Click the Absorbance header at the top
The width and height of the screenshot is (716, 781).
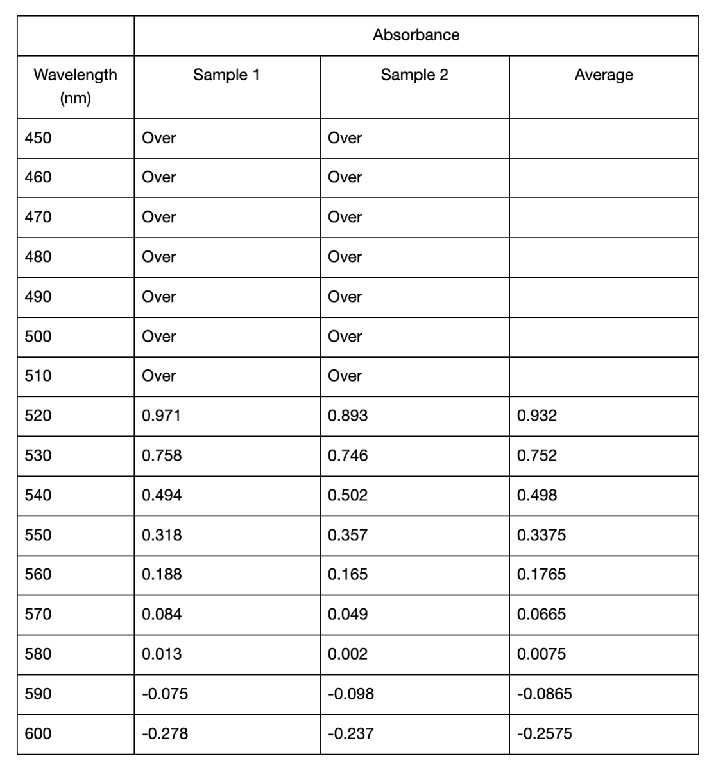tap(416, 35)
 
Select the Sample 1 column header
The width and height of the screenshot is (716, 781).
tap(226, 75)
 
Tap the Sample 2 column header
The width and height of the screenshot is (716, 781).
tap(414, 75)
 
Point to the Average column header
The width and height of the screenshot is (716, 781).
tap(603, 75)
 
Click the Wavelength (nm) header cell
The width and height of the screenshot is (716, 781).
tap(75, 86)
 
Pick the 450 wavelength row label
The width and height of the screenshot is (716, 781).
tap(38, 138)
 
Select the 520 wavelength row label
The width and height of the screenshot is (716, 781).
tap(38, 416)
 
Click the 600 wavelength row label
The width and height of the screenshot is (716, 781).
tap(38, 733)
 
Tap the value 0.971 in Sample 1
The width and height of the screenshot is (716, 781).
tap(161, 416)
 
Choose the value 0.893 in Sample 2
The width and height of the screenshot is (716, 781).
tap(347, 416)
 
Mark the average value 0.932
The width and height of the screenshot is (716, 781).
tap(536, 416)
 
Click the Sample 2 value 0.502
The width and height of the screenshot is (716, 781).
tap(347, 495)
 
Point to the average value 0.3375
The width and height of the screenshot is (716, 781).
tap(541, 535)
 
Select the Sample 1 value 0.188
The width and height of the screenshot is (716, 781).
tap(161, 574)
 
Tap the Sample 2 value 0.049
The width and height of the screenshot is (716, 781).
tap(347, 614)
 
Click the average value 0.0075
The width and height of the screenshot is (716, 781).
tap(541, 654)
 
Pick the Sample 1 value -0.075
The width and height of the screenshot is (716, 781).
tap(164, 694)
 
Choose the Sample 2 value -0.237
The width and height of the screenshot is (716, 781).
tap(350, 733)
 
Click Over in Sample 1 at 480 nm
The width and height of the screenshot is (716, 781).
tap(158, 257)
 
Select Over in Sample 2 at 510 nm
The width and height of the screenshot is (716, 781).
tap(345, 376)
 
